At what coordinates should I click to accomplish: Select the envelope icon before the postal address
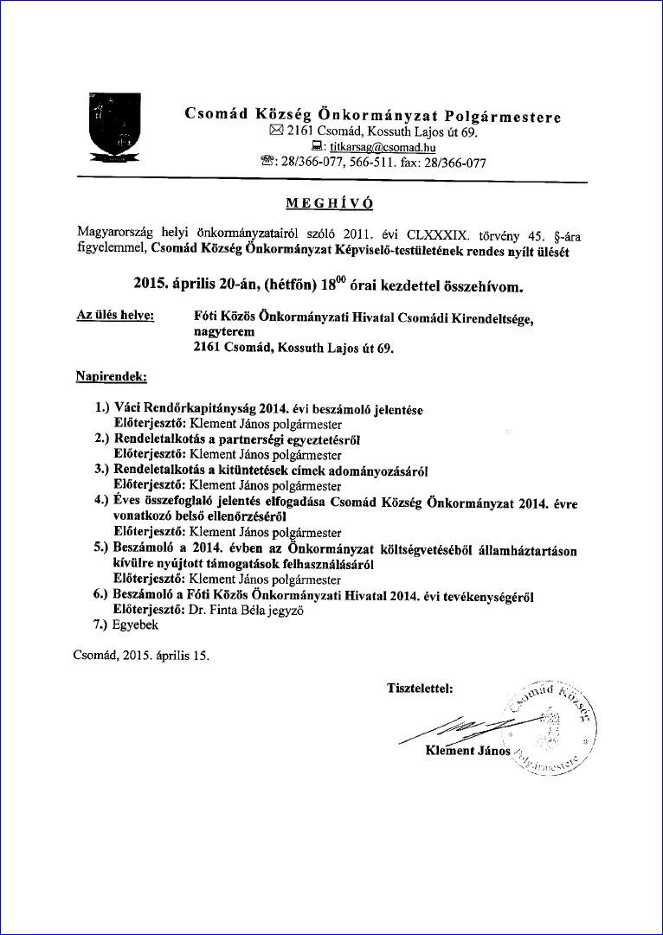(x=276, y=132)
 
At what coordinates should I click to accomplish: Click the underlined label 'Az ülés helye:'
(x=116, y=317)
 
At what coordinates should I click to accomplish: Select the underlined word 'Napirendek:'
(x=111, y=376)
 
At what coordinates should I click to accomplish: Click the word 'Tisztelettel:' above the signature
(x=420, y=688)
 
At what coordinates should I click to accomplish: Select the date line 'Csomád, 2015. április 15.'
(x=142, y=656)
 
